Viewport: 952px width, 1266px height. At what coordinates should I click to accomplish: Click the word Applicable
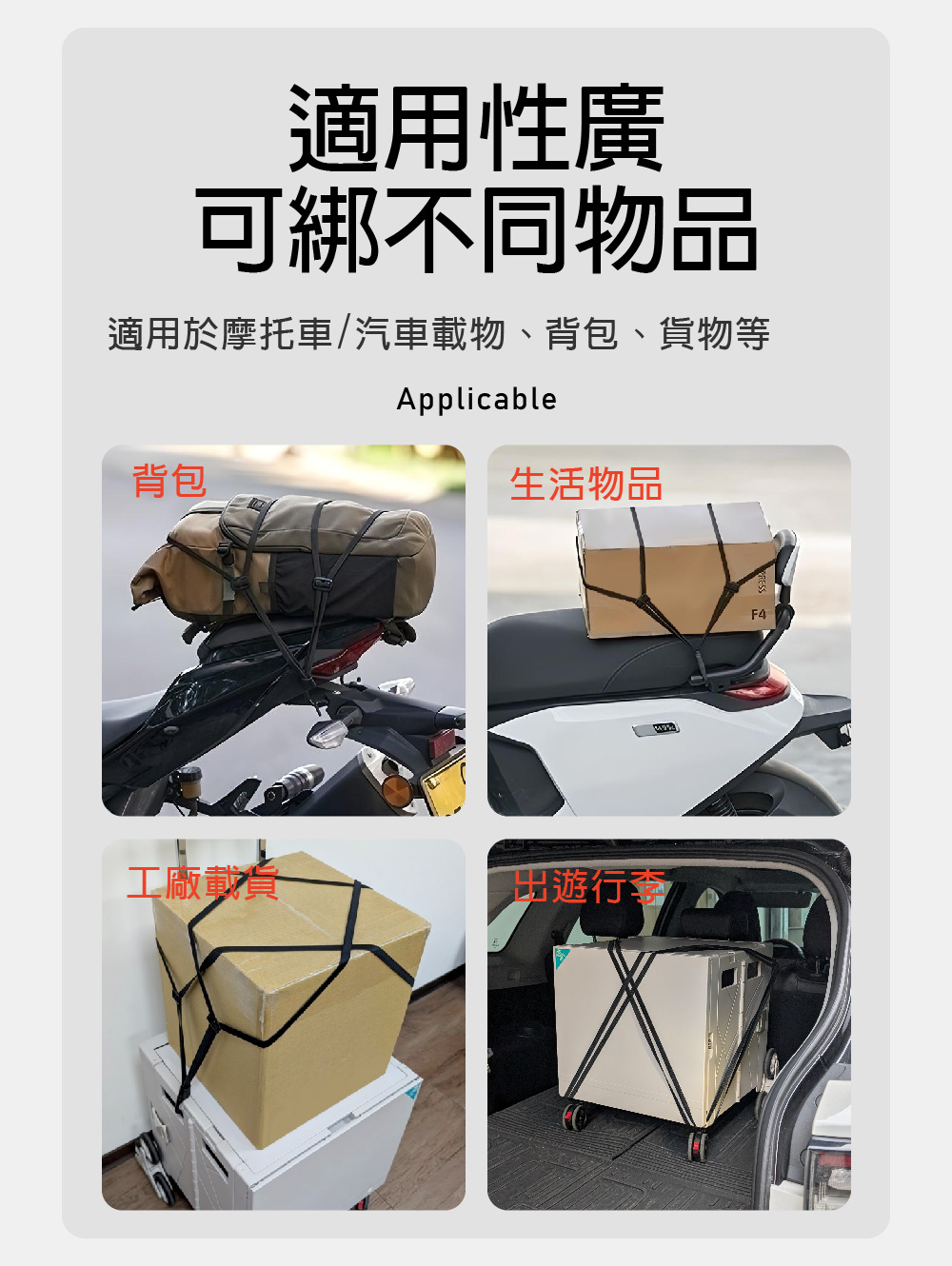[x=476, y=399]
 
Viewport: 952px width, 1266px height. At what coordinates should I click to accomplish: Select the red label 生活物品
[x=585, y=484]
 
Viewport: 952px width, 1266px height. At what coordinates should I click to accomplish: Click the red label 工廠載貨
[x=203, y=882]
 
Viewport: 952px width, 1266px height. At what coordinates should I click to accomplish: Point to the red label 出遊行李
[x=588, y=886]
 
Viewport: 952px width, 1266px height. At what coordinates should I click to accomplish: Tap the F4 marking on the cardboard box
[x=759, y=614]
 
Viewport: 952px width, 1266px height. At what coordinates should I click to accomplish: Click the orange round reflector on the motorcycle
[x=397, y=791]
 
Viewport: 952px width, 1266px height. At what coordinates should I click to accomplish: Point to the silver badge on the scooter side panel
[x=656, y=729]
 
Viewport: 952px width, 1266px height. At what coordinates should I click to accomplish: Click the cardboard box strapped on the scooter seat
[x=677, y=570]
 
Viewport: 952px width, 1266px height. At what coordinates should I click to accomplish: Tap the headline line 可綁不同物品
[x=476, y=229]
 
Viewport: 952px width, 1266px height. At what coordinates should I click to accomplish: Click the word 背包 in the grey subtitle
[x=582, y=333]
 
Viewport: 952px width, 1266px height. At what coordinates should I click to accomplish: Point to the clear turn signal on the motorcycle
[x=327, y=734]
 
